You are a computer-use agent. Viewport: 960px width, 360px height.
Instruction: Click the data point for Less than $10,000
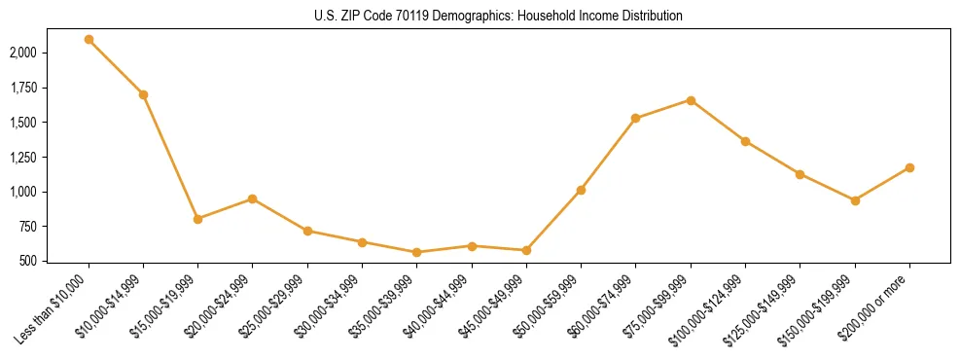click(89, 40)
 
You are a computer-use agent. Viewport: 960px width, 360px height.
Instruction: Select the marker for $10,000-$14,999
click(143, 94)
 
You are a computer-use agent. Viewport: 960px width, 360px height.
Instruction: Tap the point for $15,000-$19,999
click(198, 219)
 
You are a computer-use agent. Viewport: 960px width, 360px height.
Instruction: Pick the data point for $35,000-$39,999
click(417, 252)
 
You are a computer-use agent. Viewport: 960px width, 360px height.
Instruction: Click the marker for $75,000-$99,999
click(691, 100)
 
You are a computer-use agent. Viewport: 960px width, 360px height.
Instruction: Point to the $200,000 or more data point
click(909, 167)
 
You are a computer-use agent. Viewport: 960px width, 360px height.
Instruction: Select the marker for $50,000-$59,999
click(581, 190)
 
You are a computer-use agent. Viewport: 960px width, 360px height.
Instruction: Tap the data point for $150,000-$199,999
click(855, 200)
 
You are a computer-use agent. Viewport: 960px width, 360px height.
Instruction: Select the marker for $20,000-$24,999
click(253, 198)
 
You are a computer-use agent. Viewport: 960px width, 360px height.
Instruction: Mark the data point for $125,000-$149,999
click(800, 174)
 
